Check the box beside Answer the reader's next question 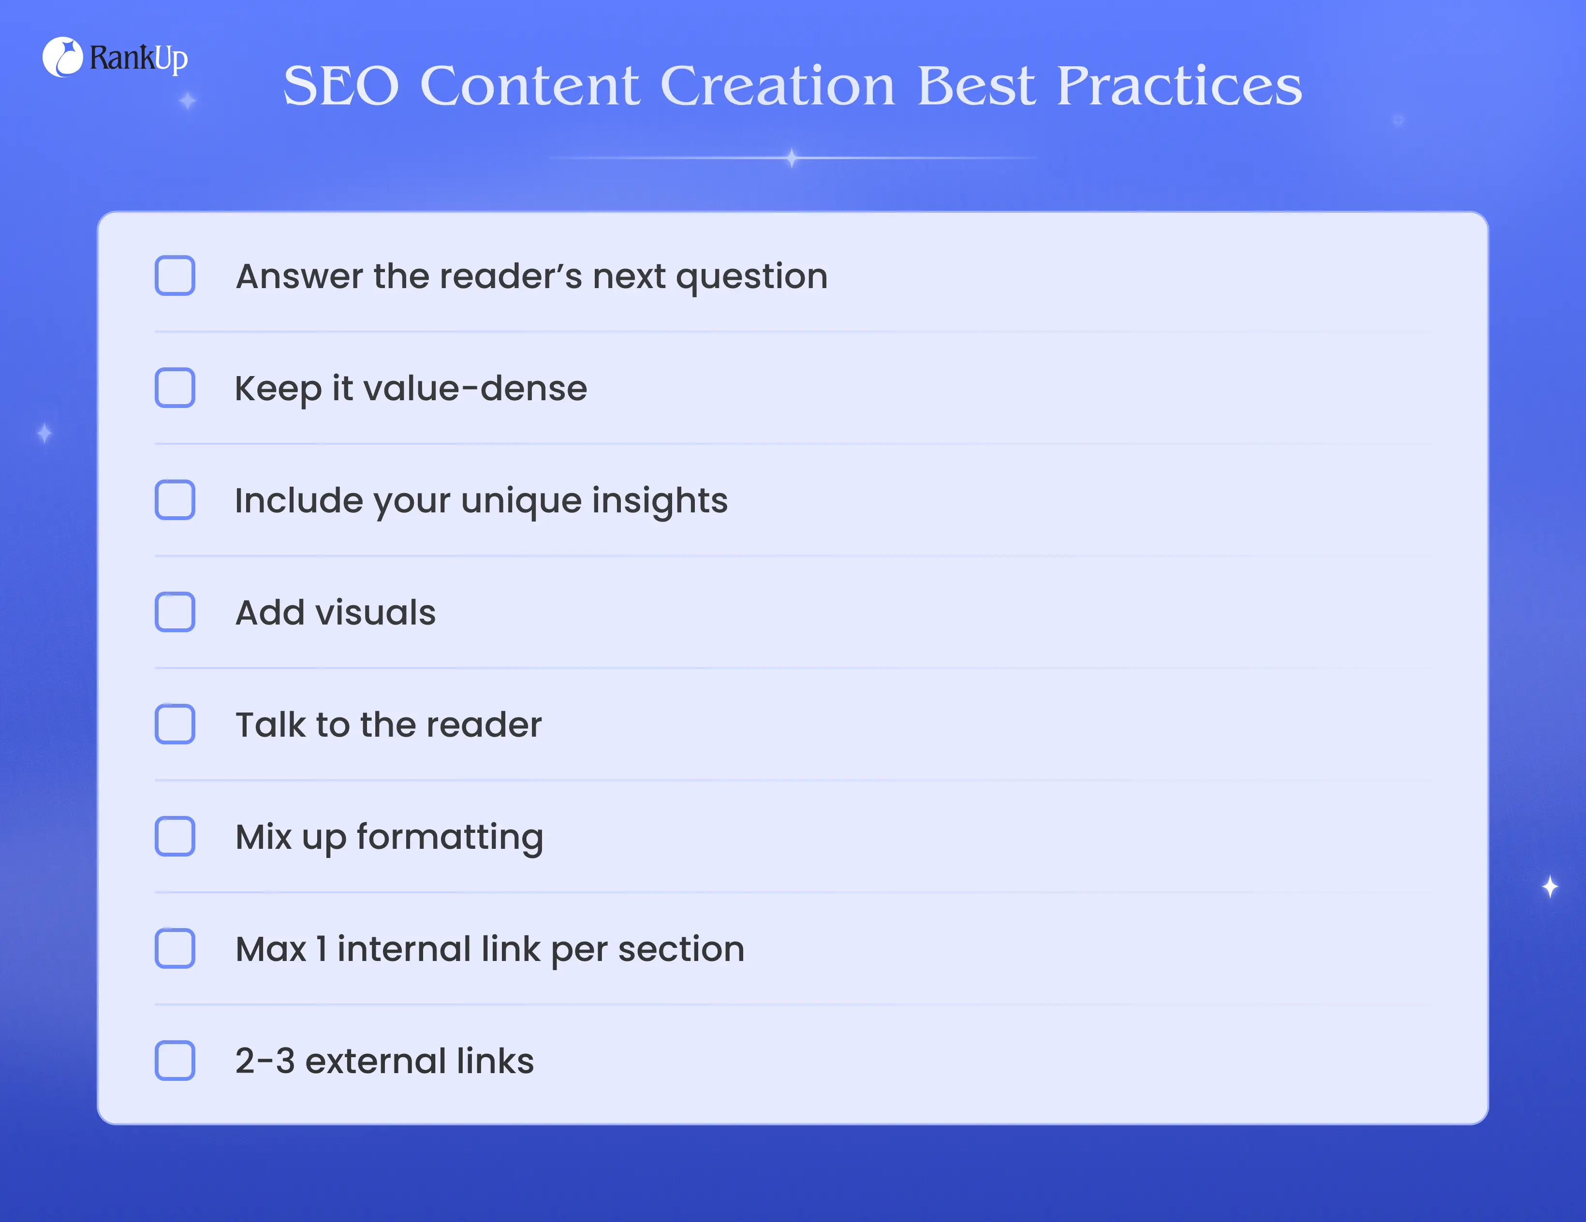pyautogui.click(x=175, y=276)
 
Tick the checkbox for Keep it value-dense pyautogui.click(x=175, y=388)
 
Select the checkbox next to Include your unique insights pyautogui.click(x=175, y=499)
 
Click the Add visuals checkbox pyautogui.click(x=175, y=612)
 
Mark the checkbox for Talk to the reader pyautogui.click(x=175, y=724)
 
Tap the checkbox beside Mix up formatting pyautogui.click(x=175, y=836)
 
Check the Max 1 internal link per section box pyautogui.click(x=175, y=948)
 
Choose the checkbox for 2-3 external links pyautogui.click(x=175, y=1061)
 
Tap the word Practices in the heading pyautogui.click(x=1179, y=86)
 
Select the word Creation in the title pyautogui.click(x=778, y=86)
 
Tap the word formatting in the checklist pyautogui.click(x=450, y=838)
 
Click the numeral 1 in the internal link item pyautogui.click(x=322, y=949)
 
